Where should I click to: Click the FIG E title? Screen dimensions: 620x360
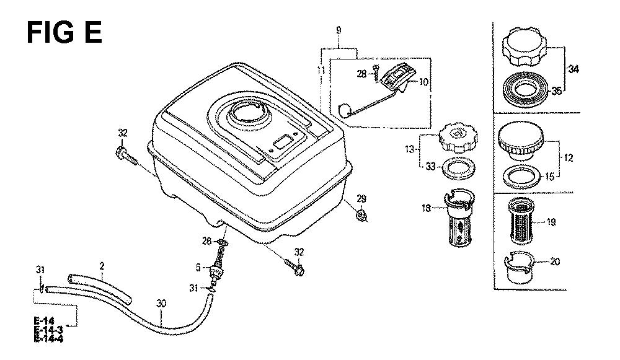pyautogui.click(x=64, y=32)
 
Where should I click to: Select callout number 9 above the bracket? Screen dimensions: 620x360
pyautogui.click(x=339, y=30)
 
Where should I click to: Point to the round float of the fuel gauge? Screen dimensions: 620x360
pyautogui.click(x=345, y=110)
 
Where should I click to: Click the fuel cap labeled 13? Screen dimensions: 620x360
pyautogui.click(x=458, y=138)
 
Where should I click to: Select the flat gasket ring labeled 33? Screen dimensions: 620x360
pyautogui.click(x=457, y=169)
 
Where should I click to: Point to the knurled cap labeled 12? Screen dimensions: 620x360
pyautogui.click(x=521, y=141)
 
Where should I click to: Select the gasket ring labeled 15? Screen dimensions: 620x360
pyautogui.click(x=521, y=176)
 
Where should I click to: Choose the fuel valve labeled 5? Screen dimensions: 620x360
pyautogui.click(x=216, y=269)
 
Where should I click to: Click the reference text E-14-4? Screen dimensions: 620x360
pyautogui.click(x=48, y=339)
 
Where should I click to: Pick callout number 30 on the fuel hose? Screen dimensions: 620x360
pyautogui.click(x=161, y=304)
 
